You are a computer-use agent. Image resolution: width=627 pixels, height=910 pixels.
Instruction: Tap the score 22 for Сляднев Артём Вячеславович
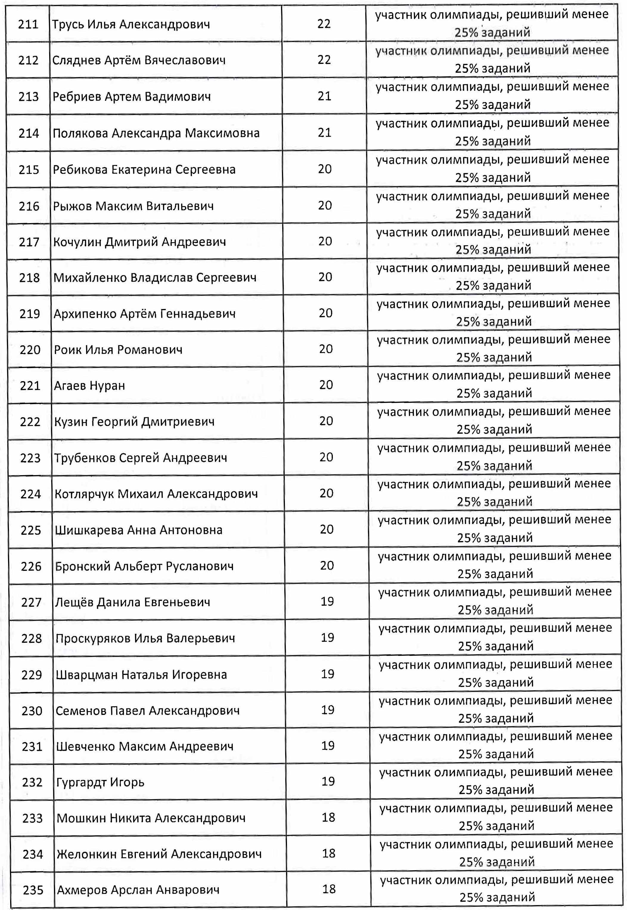[324, 60]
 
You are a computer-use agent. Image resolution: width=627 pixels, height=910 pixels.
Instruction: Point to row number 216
[29, 206]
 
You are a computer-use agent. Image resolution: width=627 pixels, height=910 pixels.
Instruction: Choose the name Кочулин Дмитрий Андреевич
[139, 242]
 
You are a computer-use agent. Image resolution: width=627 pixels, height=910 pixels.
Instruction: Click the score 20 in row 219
[326, 313]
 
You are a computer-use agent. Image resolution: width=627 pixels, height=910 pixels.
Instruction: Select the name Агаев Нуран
[90, 386]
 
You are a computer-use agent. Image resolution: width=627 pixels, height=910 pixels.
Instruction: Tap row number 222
[30, 422]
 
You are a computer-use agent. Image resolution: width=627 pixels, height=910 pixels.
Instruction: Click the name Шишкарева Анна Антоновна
[139, 530]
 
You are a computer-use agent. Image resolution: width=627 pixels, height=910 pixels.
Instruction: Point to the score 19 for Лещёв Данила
[327, 601]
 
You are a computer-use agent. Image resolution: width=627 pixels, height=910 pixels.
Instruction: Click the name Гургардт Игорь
[100, 783]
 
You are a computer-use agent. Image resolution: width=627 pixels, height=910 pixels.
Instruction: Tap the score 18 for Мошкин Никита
[328, 818]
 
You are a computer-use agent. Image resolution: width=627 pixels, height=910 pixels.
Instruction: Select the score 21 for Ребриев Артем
[325, 96]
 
